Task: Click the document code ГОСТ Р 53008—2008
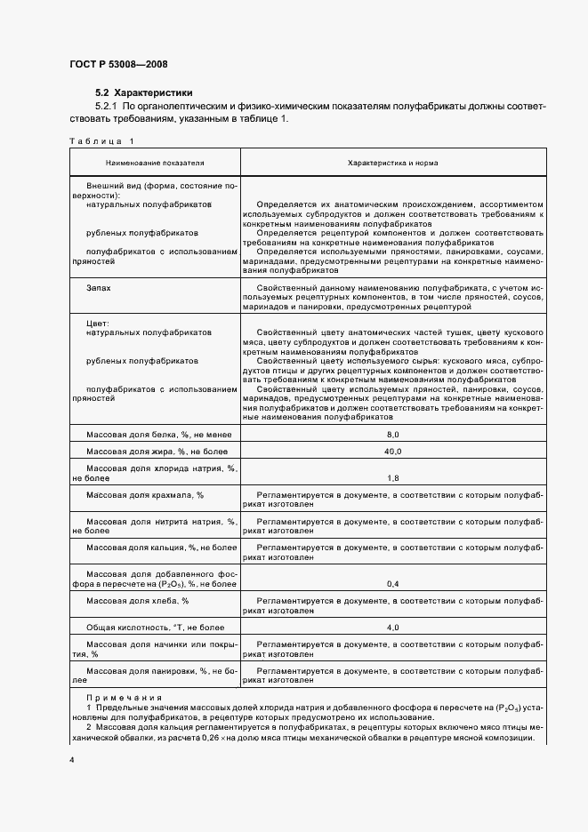pyautogui.click(x=117, y=65)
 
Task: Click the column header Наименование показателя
pyautogui.click(x=155, y=164)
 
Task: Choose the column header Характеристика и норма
pyautogui.click(x=391, y=164)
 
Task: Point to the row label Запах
pyautogui.click(x=99, y=289)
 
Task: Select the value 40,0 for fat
pyautogui.click(x=393, y=452)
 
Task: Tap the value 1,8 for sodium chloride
pyautogui.click(x=393, y=477)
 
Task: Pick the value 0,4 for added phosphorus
pyautogui.click(x=393, y=584)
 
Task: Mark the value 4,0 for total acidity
pyautogui.click(x=393, y=628)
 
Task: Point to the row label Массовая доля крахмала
pyautogui.click(x=145, y=494)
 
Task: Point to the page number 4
pyautogui.click(x=71, y=762)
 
